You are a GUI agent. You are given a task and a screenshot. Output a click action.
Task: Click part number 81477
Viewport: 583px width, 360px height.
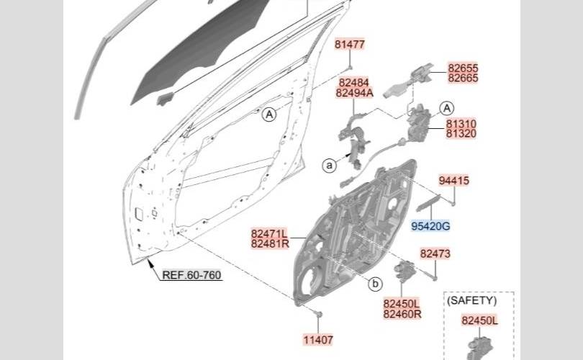tap(350, 44)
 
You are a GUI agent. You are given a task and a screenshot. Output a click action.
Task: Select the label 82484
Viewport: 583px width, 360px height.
tap(353, 83)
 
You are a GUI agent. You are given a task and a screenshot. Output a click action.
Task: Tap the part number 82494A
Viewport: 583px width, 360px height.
tap(354, 93)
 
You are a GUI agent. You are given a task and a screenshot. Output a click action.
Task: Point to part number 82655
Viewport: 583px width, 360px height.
tap(463, 68)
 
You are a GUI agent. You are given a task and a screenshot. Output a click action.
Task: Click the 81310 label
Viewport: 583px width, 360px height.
tap(461, 124)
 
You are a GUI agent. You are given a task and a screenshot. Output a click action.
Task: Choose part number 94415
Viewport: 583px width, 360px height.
tap(453, 181)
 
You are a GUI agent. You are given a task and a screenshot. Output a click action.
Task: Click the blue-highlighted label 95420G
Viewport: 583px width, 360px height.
tap(430, 226)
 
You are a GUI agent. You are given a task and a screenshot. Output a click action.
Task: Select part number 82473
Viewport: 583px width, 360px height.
tap(435, 253)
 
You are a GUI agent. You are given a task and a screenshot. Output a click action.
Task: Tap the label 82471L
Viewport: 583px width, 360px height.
tap(269, 233)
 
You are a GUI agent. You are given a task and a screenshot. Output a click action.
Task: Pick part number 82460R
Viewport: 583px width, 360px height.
tap(402, 314)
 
